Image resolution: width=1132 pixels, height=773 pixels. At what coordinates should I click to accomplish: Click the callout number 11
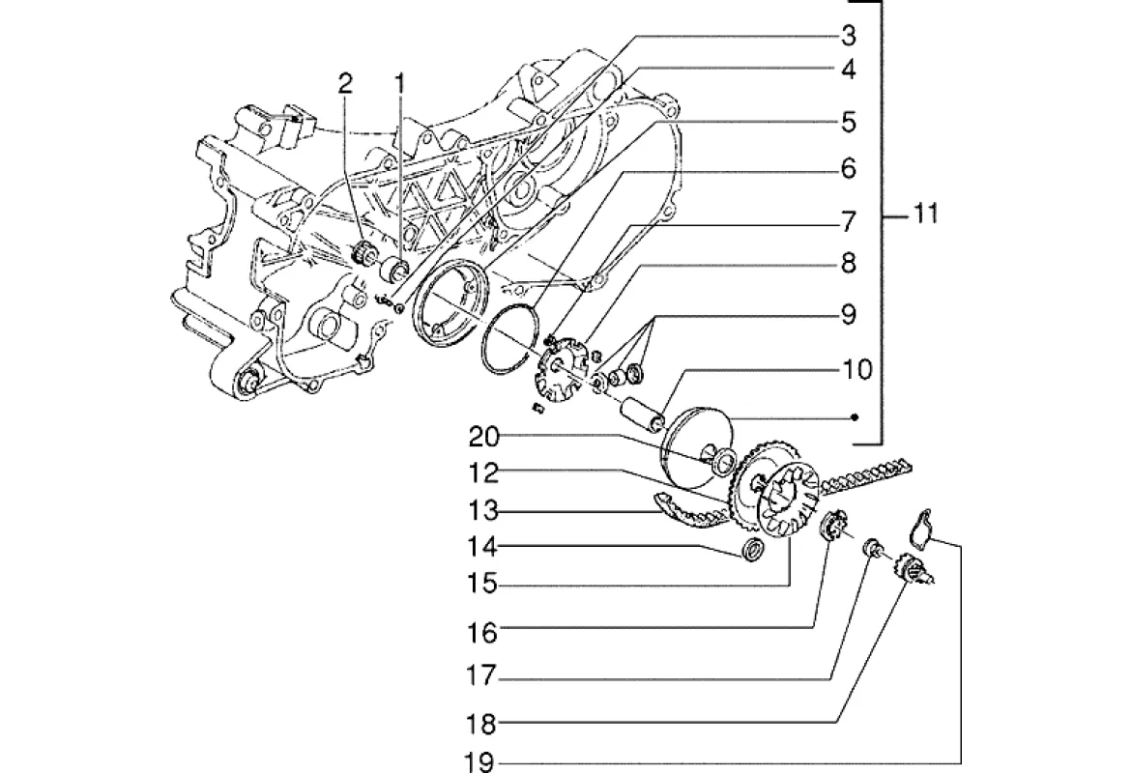click(x=924, y=214)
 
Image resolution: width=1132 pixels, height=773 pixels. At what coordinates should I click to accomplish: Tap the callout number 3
click(x=848, y=35)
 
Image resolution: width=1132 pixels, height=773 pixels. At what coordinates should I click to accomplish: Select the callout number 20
click(x=483, y=437)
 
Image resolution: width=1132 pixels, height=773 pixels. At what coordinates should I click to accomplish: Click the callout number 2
click(x=346, y=84)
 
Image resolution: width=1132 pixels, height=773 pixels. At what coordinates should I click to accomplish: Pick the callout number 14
click(x=482, y=546)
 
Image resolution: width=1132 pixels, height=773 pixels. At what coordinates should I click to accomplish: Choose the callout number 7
click(x=848, y=221)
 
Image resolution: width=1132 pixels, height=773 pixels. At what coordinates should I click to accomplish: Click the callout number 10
click(x=856, y=369)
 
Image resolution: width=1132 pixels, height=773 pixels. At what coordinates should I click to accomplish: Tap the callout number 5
click(x=848, y=122)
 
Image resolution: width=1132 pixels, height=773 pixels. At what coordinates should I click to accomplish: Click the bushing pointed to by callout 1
click(x=395, y=270)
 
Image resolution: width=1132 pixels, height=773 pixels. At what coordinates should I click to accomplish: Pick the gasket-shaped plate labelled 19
click(x=920, y=524)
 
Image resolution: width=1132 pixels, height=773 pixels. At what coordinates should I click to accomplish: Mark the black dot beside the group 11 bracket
click(x=855, y=417)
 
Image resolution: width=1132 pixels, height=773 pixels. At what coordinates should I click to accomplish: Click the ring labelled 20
click(x=723, y=461)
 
